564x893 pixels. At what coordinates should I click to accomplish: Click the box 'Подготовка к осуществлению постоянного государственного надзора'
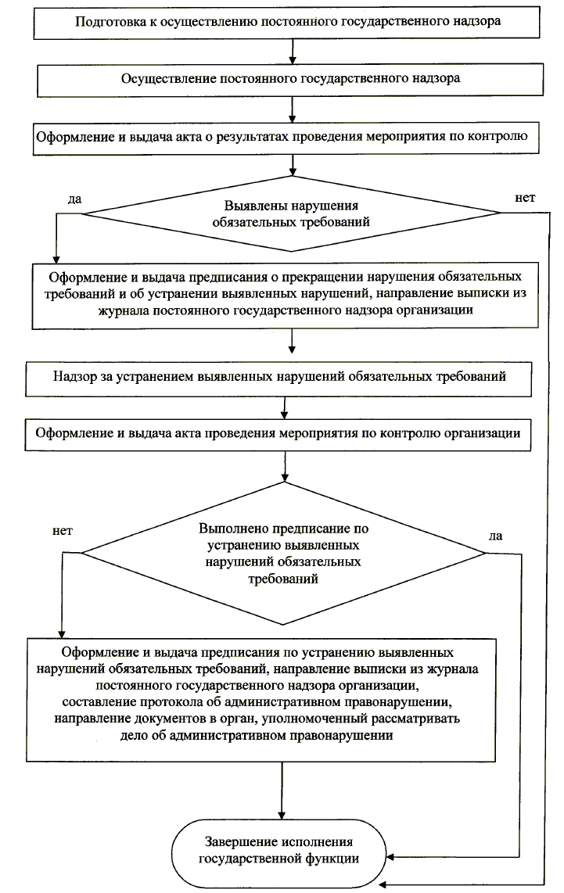coord(286,23)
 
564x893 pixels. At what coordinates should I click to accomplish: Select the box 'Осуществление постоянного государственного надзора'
coord(289,80)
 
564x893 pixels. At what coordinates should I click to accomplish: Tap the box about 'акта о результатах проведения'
coord(286,138)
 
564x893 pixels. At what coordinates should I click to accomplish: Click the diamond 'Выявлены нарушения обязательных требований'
coord(292,213)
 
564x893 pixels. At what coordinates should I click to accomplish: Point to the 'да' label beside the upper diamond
coord(74,199)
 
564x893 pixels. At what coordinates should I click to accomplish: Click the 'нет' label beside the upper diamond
coord(525,198)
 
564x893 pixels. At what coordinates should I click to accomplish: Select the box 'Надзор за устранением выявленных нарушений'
coord(278,378)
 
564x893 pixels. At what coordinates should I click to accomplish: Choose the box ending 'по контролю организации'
coord(278,435)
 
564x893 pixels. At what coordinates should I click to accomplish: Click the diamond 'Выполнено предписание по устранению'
coord(283,553)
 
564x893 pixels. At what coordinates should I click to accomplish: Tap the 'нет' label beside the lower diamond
coord(62,532)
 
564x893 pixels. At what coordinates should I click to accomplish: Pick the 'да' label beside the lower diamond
coord(496,536)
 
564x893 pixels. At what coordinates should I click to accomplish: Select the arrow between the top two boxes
coord(293,52)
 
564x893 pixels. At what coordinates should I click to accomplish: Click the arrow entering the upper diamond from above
coord(293,165)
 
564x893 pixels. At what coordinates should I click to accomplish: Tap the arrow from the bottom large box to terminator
coord(282,791)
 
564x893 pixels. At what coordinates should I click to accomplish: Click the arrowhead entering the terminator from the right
coord(390,857)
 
